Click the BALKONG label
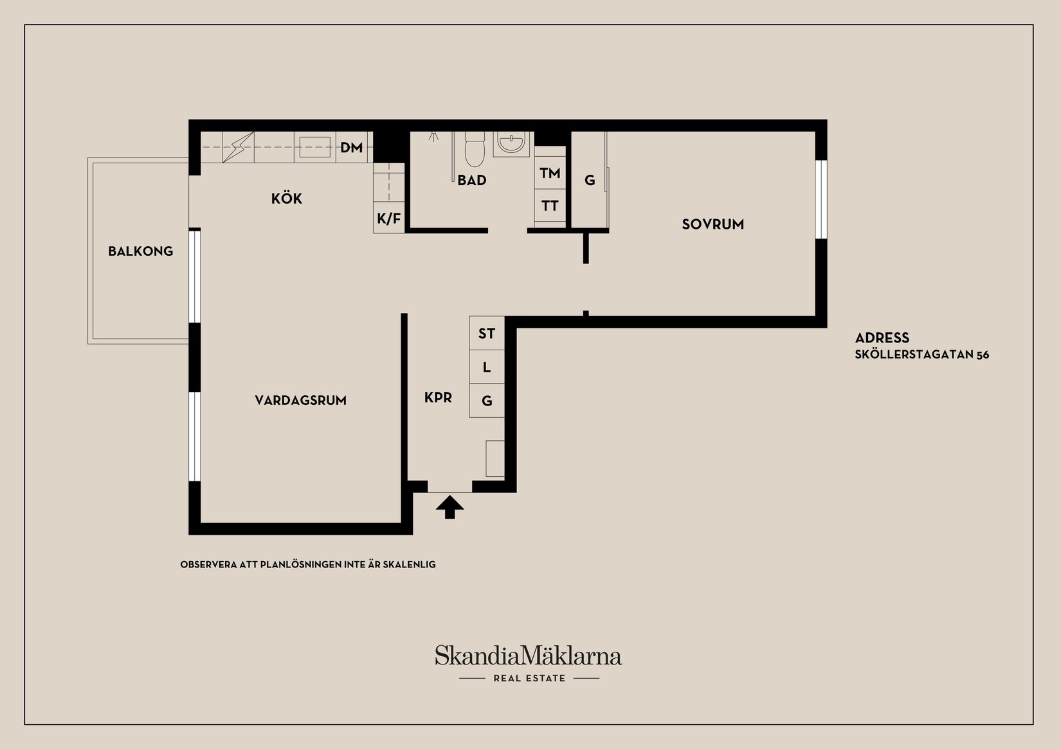[140, 251]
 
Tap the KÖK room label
[286, 199]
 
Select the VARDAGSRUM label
[300, 400]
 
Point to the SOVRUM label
[712, 224]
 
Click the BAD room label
[471, 181]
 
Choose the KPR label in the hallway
[438, 398]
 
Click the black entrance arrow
[449, 506]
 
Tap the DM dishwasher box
[352, 148]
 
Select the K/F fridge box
[388, 219]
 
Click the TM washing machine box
[550, 173]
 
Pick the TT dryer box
[550, 206]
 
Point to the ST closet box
[487, 334]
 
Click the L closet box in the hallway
[487, 368]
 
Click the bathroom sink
[512, 143]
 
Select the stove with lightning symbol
[238, 147]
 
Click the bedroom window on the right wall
[821, 199]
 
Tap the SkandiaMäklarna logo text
[528, 656]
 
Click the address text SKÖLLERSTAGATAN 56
[921, 355]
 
